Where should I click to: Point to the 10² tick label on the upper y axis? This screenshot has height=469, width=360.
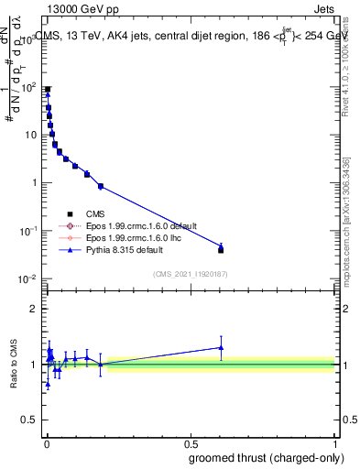[x=28, y=87]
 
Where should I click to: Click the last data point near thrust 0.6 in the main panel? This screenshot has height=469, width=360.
[x=220, y=248]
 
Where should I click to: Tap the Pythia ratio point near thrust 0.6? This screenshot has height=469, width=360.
[x=220, y=347]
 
